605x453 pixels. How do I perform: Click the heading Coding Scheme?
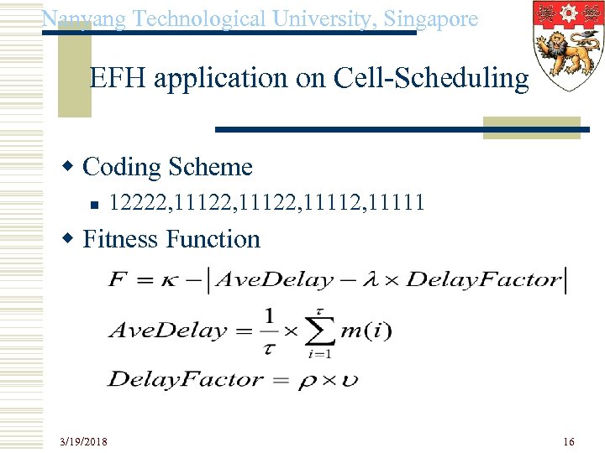167,167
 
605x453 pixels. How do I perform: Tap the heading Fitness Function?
171,239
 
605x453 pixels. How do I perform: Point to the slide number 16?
569,440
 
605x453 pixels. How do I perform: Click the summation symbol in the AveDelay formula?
318,331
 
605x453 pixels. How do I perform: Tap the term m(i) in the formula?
366,331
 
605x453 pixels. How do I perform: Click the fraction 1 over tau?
269,331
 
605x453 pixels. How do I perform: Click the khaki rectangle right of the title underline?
532,127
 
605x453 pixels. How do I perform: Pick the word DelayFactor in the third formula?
186,379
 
